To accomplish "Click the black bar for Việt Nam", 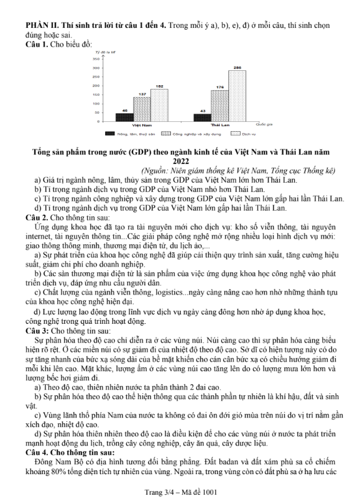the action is coord(124,117).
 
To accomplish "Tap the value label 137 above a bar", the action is coord(142,94).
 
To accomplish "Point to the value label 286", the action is coord(238,67).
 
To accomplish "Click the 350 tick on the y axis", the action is coord(96,58).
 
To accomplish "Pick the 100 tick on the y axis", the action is coord(96,103).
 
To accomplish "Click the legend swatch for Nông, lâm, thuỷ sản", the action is coord(109,134).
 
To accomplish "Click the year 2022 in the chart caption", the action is coord(180,160).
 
